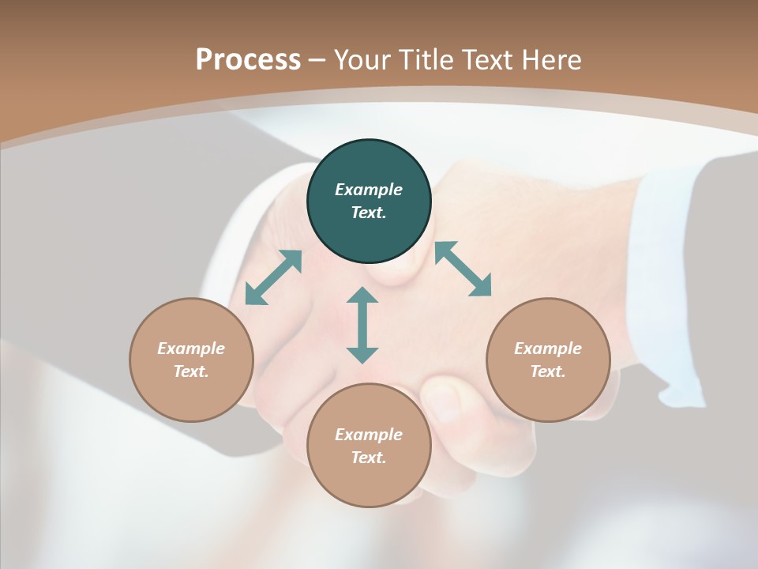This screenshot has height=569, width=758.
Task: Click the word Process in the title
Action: coord(248,59)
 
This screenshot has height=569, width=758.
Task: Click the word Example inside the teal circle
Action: coord(369,190)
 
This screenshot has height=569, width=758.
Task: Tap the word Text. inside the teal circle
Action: coord(369,213)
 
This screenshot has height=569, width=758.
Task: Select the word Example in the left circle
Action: coord(191,349)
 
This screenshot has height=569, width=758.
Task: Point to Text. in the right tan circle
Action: coord(548,371)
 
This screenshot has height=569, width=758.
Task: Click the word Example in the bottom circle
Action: coord(369,435)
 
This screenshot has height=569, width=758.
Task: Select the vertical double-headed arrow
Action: coord(362,325)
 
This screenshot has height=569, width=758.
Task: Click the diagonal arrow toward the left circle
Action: coord(273,277)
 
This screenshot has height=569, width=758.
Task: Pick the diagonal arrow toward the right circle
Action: coord(463,269)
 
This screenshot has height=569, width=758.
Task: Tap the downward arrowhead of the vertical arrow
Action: coord(362,354)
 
